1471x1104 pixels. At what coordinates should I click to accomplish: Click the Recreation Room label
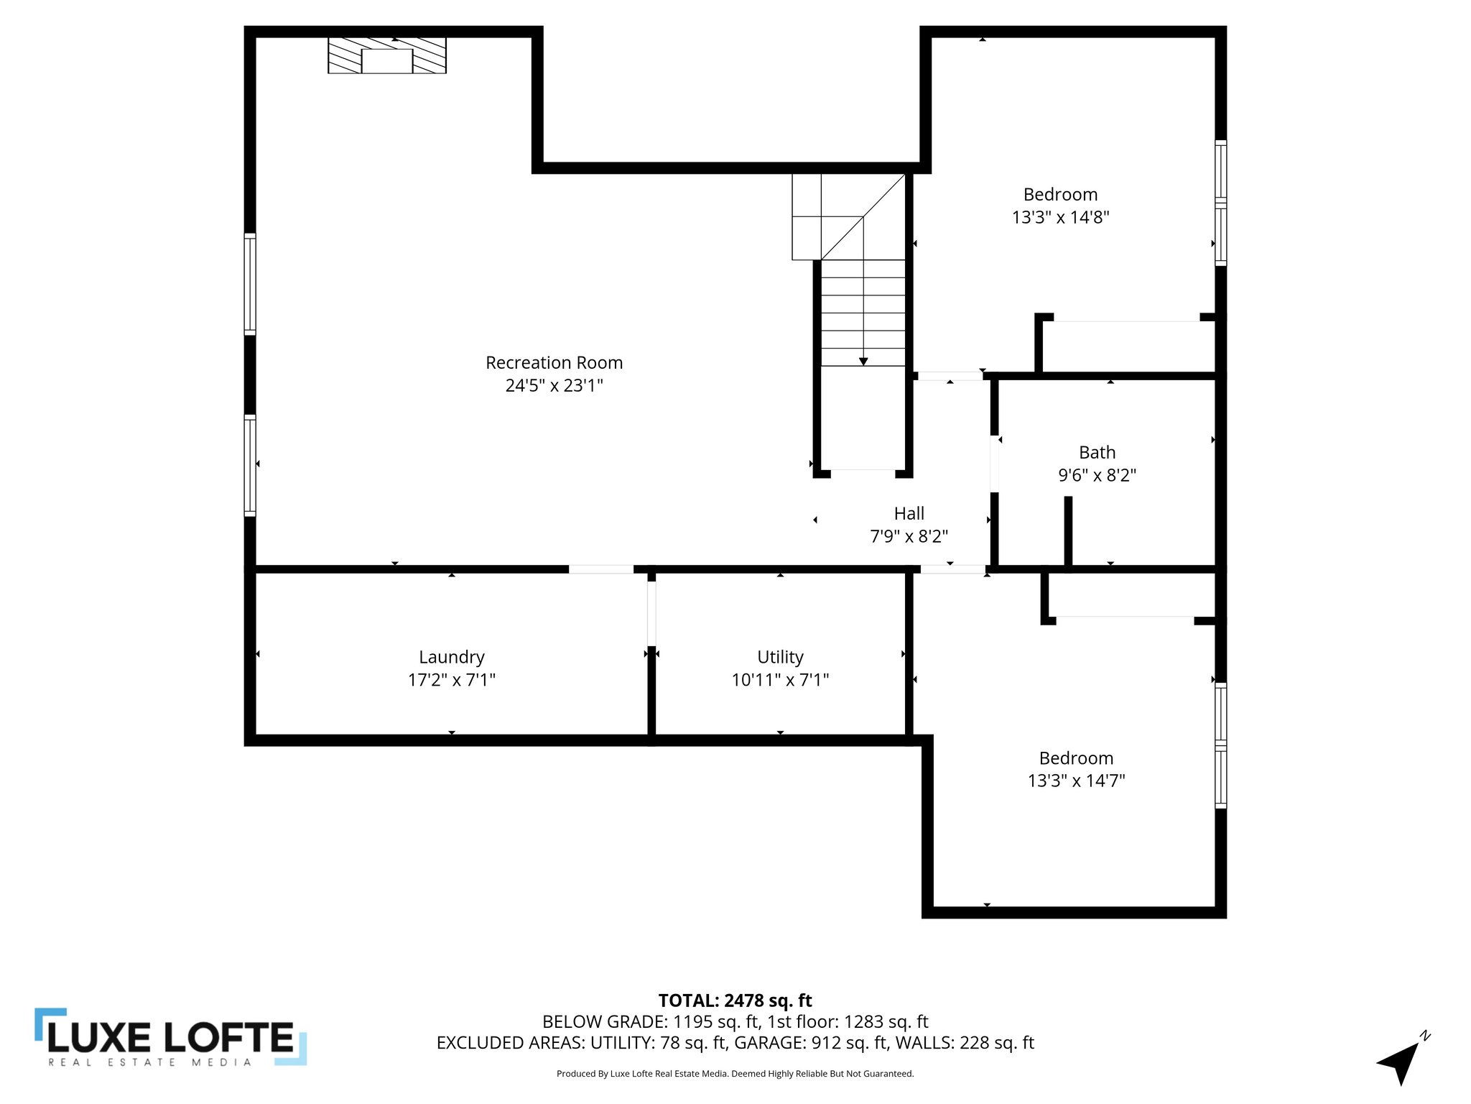pyautogui.click(x=554, y=363)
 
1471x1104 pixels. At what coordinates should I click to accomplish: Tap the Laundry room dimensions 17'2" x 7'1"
pyautogui.click(x=452, y=680)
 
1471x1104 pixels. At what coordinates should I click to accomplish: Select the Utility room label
pyautogui.click(x=780, y=657)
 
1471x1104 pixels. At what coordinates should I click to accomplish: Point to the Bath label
pyautogui.click(x=1097, y=453)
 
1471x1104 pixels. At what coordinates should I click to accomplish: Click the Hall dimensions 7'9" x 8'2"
pyautogui.click(x=909, y=536)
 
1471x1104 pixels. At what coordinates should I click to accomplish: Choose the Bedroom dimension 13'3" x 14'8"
pyautogui.click(x=1060, y=217)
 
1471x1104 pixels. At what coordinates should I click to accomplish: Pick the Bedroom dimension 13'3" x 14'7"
pyautogui.click(x=1076, y=781)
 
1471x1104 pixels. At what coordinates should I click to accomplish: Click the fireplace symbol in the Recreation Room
pyautogui.click(x=387, y=56)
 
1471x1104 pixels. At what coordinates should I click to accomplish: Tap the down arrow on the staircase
pyautogui.click(x=863, y=361)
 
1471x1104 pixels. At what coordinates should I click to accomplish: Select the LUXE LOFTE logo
pyautogui.click(x=171, y=1038)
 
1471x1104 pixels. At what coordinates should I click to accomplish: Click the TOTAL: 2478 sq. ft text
pyautogui.click(x=735, y=1000)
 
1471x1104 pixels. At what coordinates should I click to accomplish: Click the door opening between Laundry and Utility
pyautogui.click(x=651, y=613)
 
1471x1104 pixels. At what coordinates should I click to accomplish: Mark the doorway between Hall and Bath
pyautogui.click(x=994, y=464)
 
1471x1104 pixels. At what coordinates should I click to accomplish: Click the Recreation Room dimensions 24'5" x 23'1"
pyautogui.click(x=554, y=386)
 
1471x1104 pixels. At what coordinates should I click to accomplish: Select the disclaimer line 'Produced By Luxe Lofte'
pyautogui.click(x=735, y=1074)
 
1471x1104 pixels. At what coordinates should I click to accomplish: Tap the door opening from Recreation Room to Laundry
pyautogui.click(x=601, y=569)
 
